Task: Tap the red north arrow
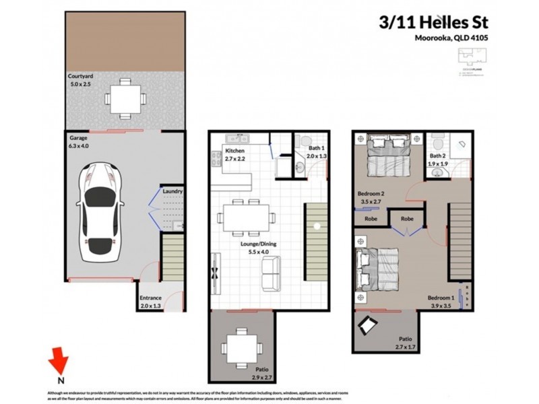61,362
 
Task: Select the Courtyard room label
80,77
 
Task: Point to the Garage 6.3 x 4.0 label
80,141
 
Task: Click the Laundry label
172,192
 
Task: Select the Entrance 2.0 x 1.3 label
151,302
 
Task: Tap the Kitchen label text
235,150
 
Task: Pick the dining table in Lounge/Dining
246,217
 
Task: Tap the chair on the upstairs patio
369,326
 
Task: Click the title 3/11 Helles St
431,22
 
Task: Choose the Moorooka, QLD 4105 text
450,38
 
